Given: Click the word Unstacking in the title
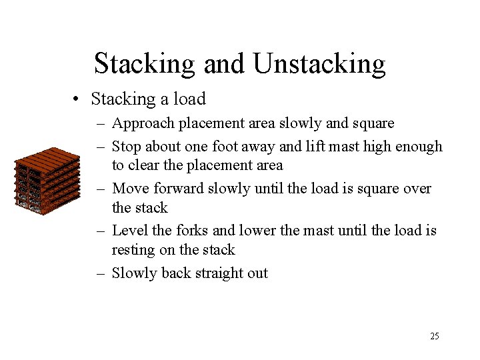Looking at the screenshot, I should click(319, 64).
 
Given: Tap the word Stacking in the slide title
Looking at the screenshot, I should click(144, 64).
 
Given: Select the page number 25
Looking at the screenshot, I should click(434, 336).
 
